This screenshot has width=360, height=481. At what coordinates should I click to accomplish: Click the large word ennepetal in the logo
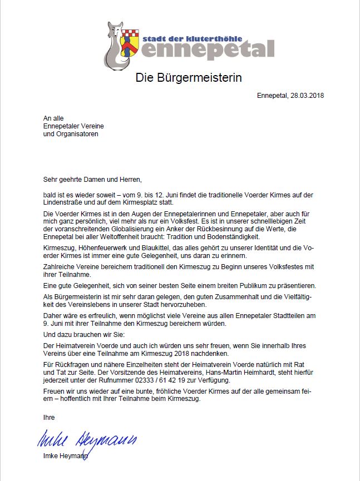(x=207, y=49)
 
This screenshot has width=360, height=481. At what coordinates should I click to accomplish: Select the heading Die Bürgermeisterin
(x=189, y=77)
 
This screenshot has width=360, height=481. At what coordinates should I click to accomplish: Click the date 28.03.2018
(x=307, y=95)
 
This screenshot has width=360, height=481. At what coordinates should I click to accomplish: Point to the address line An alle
(x=53, y=118)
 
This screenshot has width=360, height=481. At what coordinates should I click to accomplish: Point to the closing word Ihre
(x=49, y=416)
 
